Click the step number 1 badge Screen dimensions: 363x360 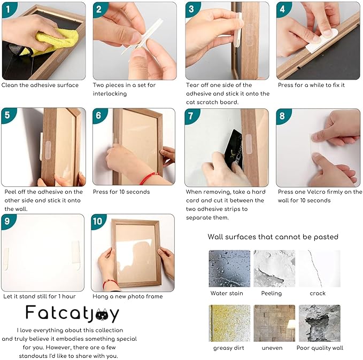pos(8,9)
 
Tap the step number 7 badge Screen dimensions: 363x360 pos(191,116)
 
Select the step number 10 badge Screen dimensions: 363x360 pos(98,221)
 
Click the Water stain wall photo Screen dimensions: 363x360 pos(229,268)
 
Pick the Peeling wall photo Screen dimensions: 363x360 pos(274,268)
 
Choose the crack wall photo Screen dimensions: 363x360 pos(320,268)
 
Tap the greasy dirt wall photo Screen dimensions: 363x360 pos(229,323)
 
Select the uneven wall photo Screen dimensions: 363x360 pos(274,323)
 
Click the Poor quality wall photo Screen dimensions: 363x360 pos(320,323)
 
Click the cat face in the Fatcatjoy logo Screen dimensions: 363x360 pos(102,315)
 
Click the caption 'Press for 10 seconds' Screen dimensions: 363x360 pos(121,192)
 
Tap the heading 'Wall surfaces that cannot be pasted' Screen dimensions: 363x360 pos(273,237)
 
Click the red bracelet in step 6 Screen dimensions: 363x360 pos(148,178)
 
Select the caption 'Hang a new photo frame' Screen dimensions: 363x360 pos(128,296)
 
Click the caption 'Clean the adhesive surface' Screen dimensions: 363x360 pos(40,85)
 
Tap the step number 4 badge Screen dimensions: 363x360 pos(282,9)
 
